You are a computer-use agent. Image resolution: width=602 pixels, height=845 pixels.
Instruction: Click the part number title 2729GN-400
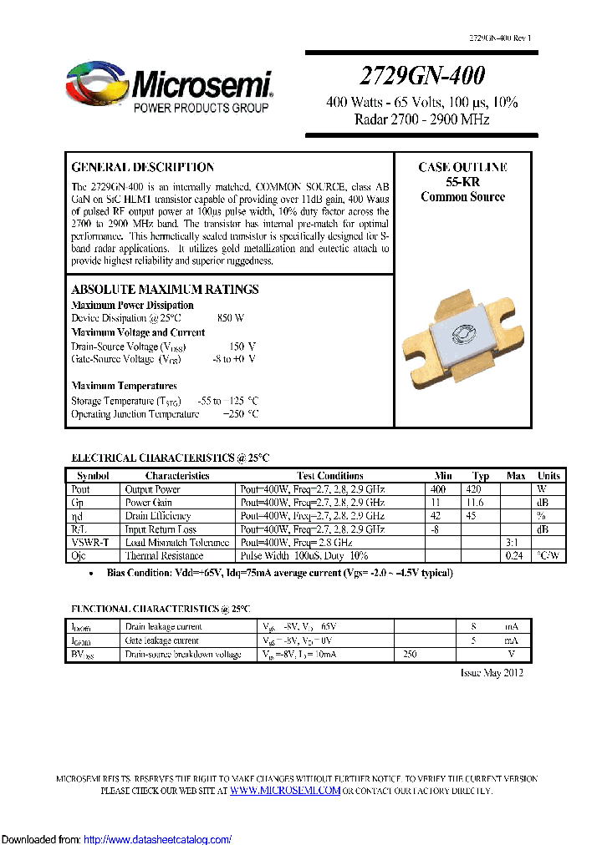coord(421,76)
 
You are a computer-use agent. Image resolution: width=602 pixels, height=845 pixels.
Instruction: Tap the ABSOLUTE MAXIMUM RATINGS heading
coord(165,289)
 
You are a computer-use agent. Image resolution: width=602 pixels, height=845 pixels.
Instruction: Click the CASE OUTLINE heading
coord(462,167)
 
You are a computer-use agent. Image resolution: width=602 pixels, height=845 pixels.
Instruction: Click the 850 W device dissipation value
coord(231,318)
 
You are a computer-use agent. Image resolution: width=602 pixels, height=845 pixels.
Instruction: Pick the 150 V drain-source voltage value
coord(242,346)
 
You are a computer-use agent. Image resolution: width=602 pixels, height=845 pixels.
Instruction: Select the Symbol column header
coord(93,475)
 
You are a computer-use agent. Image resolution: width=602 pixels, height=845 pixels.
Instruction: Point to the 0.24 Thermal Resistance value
coord(516,556)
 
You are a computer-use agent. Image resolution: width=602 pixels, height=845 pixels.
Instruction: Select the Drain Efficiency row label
coord(158,516)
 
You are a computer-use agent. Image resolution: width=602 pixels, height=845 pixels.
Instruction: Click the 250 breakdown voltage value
coord(410,655)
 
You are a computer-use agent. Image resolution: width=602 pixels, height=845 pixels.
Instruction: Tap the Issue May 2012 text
coord(492,673)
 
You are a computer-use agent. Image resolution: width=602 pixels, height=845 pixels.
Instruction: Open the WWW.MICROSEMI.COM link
coord(285,790)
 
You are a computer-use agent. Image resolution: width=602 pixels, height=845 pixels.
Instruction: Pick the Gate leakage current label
coord(162,640)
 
